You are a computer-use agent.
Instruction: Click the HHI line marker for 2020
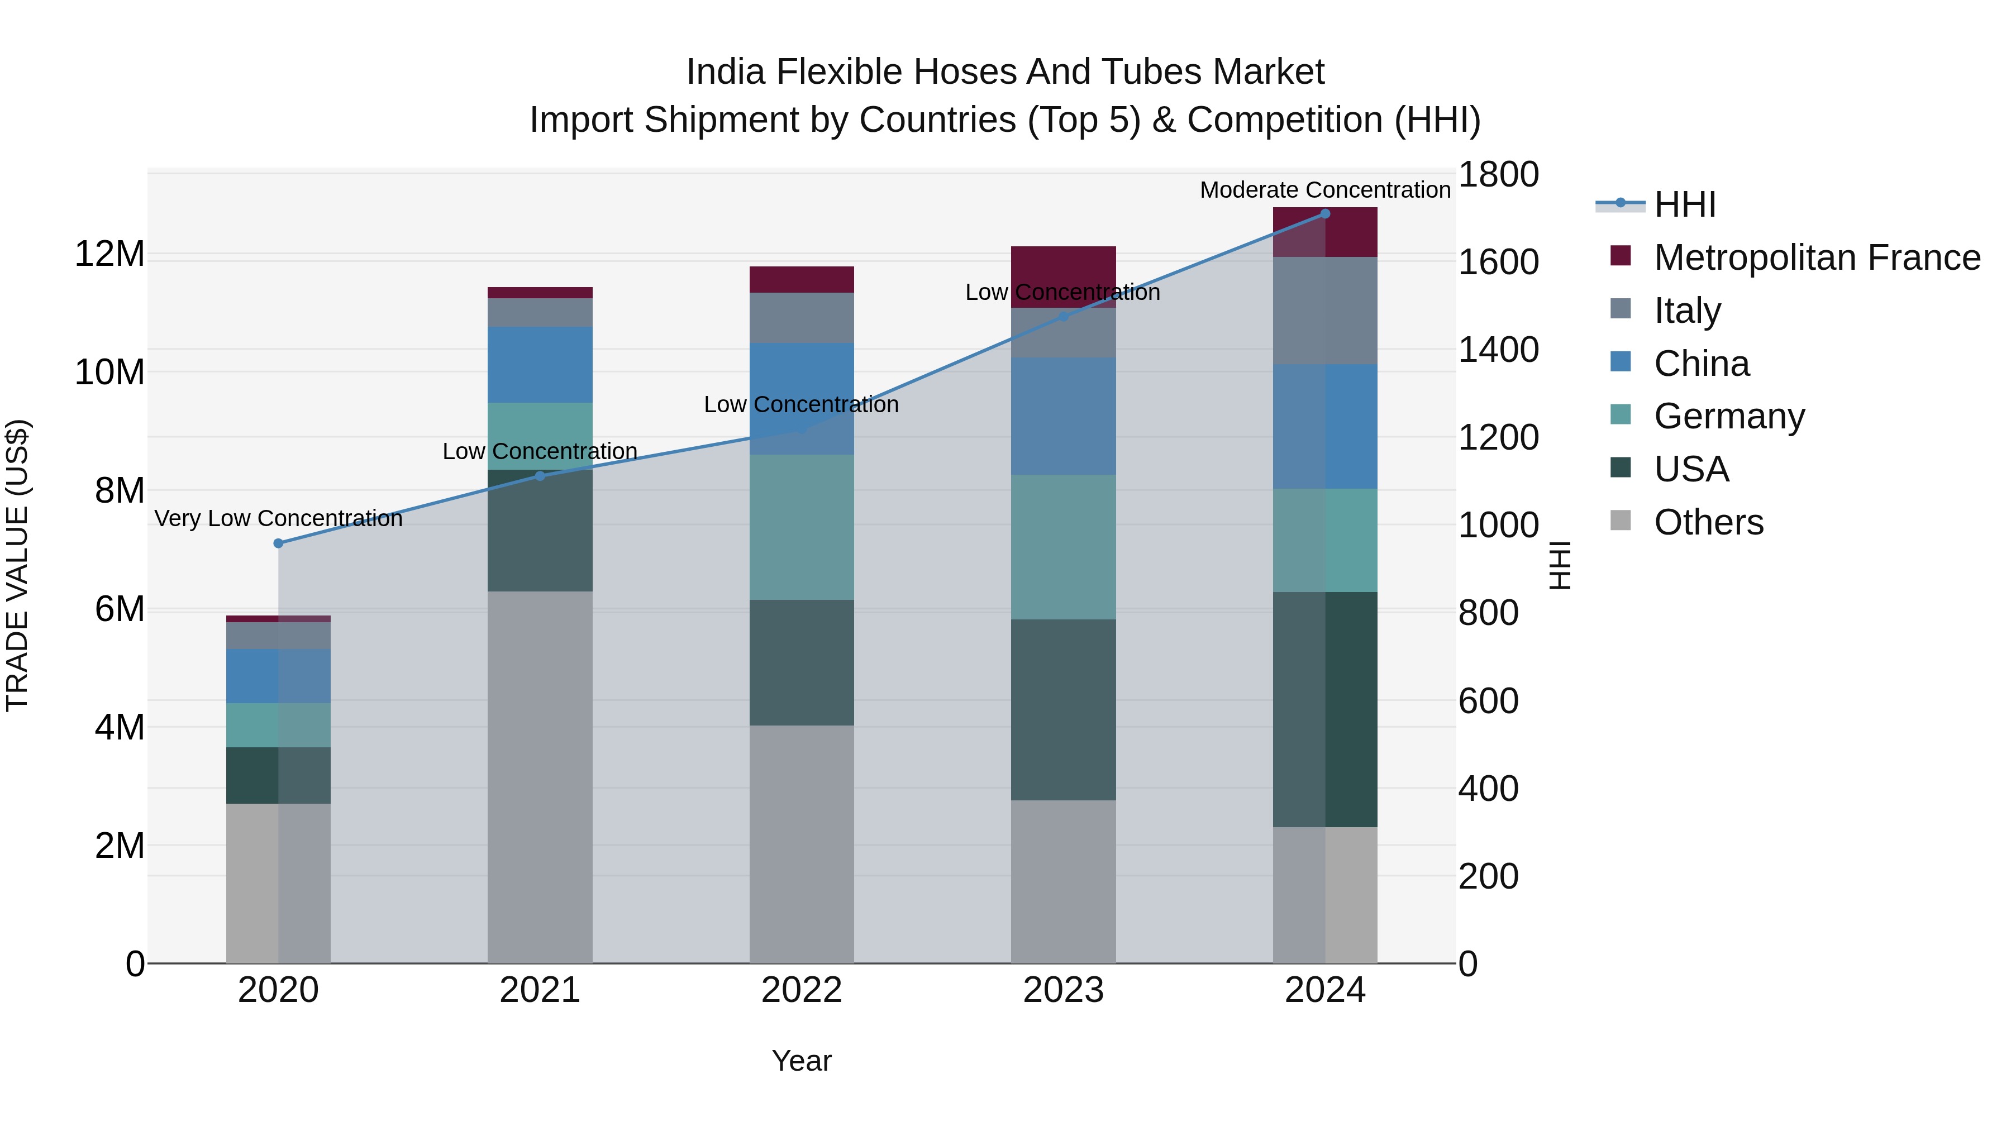coord(278,543)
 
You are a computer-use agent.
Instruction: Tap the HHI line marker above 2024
coord(1325,214)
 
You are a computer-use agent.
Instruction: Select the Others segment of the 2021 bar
coord(540,777)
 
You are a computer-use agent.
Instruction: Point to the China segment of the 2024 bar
coord(1325,426)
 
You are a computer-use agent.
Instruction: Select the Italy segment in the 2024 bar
coord(1325,311)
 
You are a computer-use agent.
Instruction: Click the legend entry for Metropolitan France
coord(1817,257)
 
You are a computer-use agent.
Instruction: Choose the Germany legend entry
coord(1729,416)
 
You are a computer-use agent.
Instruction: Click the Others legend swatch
coord(1621,521)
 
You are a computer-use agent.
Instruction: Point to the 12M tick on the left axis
coord(109,255)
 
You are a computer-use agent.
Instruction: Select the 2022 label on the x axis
coord(802,990)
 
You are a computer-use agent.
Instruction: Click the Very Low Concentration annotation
coord(278,518)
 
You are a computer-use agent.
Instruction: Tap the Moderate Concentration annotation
coord(1325,190)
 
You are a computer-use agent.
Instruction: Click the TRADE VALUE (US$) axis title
coord(17,565)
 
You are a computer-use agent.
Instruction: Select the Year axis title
coord(802,1061)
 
